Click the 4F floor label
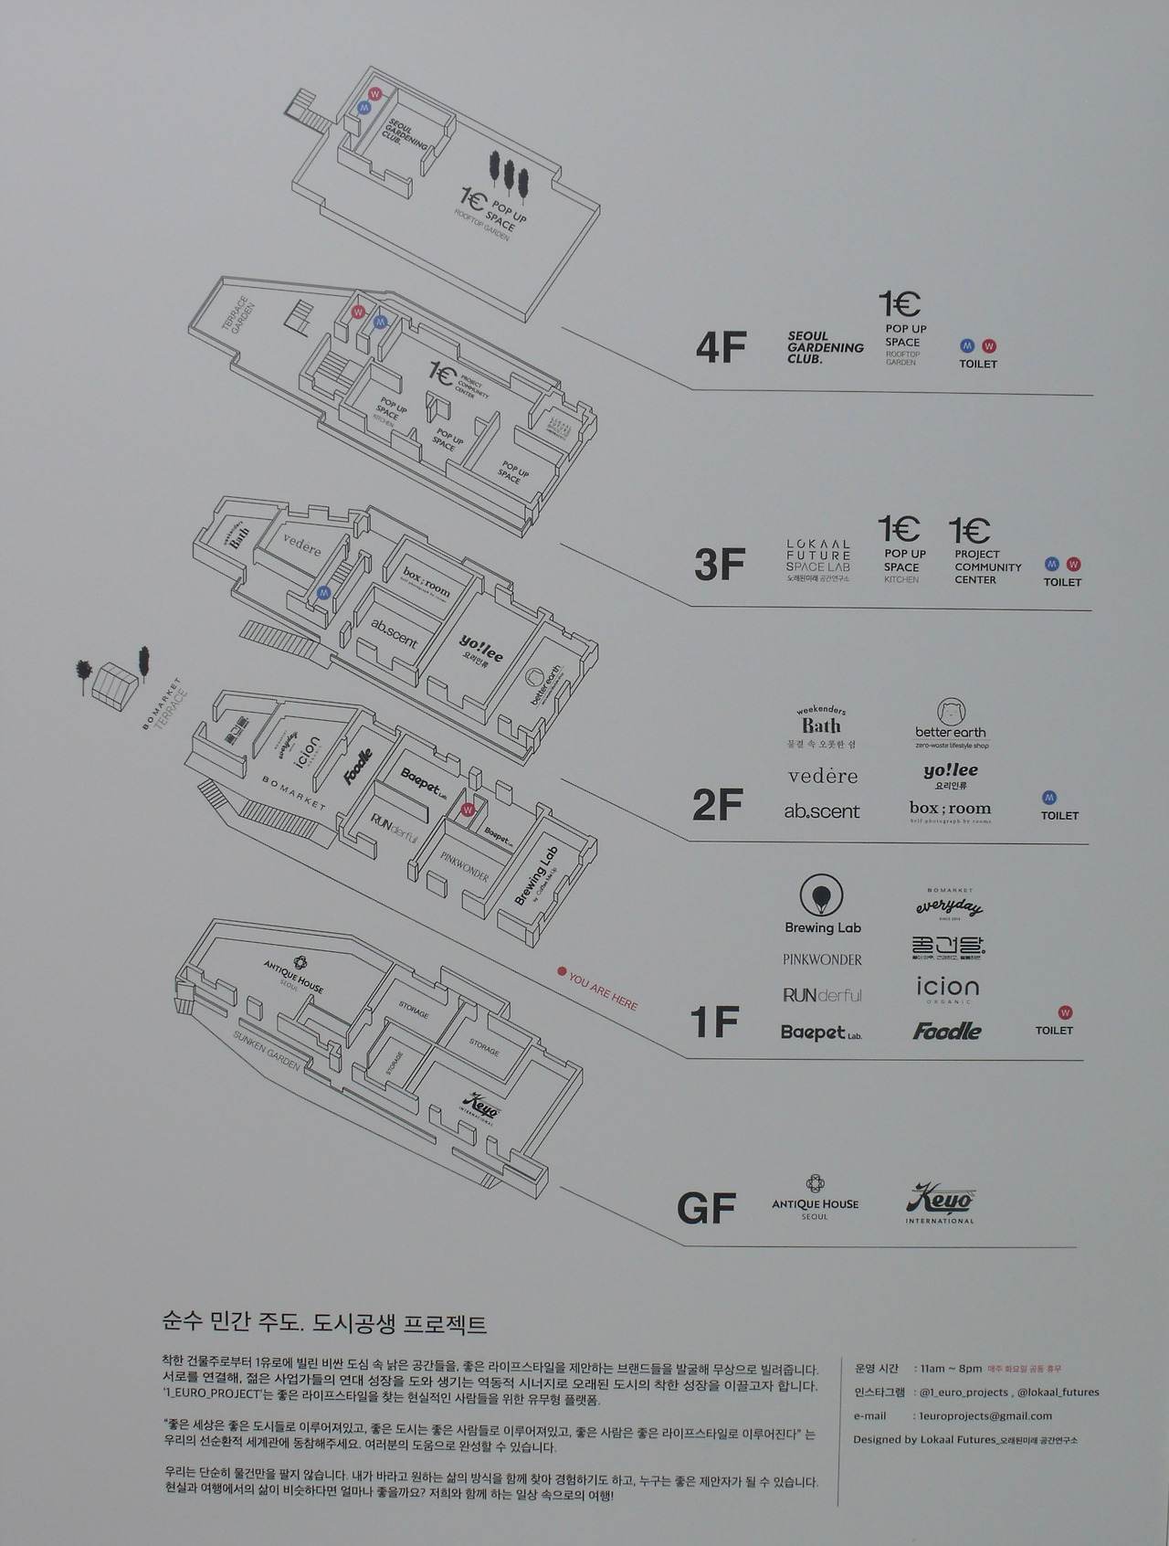[721, 348]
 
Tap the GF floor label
[706, 1209]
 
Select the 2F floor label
[718, 805]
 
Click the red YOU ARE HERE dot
[563, 972]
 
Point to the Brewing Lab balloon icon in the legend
[822, 896]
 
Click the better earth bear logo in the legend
[952, 713]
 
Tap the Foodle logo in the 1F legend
[947, 1032]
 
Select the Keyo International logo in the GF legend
[940, 1202]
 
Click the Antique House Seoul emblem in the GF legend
[815, 1184]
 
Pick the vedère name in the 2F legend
[822, 777]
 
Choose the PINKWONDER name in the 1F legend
[822, 959]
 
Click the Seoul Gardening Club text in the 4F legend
[825, 348]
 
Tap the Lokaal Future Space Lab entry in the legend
[818, 560]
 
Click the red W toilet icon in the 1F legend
[1064, 1012]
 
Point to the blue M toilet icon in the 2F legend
[1049, 798]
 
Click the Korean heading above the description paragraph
[324, 1323]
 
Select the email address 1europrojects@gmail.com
[985, 1415]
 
